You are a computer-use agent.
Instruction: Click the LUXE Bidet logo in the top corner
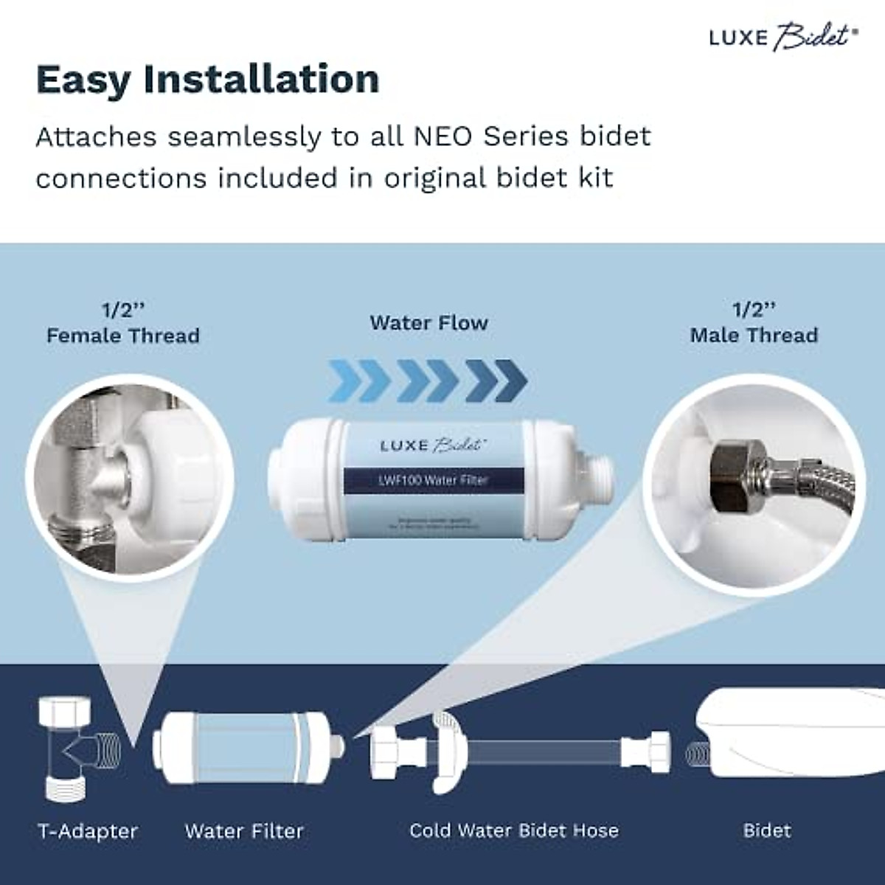click(x=783, y=37)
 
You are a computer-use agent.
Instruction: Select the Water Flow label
click(x=428, y=323)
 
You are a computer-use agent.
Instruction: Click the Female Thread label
click(x=123, y=336)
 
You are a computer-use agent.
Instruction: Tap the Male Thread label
click(x=754, y=336)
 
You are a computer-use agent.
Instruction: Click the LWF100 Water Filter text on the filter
click(x=433, y=480)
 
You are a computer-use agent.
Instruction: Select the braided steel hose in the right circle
click(x=819, y=479)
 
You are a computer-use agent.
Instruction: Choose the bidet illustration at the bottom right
click(x=789, y=737)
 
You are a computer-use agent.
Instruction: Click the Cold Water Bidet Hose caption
click(x=514, y=831)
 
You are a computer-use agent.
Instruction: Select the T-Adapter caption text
click(x=88, y=832)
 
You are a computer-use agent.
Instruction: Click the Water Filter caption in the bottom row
click(x=244, y=832)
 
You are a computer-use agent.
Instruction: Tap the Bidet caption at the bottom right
click(x=767, y=831)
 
